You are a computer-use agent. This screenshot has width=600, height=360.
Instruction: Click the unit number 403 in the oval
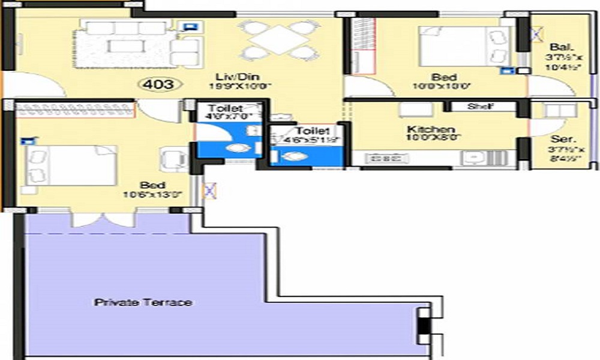point(160,84)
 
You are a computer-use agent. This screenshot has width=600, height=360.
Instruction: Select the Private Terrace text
point(143,302)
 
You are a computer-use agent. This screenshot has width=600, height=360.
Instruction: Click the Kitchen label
point(431,130)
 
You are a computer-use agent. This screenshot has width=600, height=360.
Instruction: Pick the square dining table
point(277,40)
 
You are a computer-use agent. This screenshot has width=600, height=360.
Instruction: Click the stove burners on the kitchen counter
point(383,158)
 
